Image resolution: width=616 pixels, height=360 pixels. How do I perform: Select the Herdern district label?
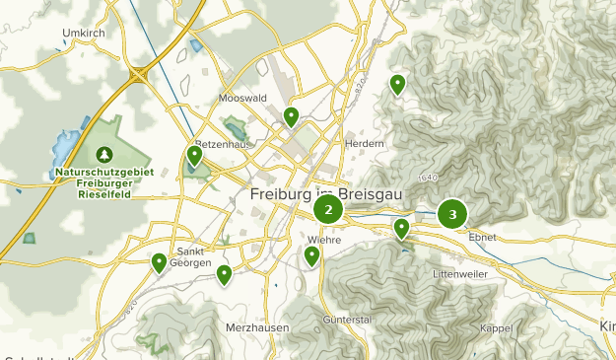point(364,143)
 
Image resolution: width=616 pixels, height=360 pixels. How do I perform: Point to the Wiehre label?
point(324,238)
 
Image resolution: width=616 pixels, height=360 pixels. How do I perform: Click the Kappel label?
point(496,327)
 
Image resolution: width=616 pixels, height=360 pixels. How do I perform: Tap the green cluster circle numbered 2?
point(328,209)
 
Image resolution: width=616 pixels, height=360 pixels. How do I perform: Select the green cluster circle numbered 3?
point(452,213)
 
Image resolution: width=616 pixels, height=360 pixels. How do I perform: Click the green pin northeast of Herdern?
point(398,85)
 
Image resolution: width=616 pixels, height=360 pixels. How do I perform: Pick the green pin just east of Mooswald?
point(291,117)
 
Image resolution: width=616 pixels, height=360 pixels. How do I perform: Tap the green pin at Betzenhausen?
point(195,155)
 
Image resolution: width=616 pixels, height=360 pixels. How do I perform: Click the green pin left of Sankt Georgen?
point(159,262)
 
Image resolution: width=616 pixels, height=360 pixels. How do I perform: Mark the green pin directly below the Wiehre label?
point(312,256)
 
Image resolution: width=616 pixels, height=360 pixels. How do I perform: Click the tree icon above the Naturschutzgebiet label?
point(104,155)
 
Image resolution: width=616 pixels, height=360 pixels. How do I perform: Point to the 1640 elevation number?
point(427,178)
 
